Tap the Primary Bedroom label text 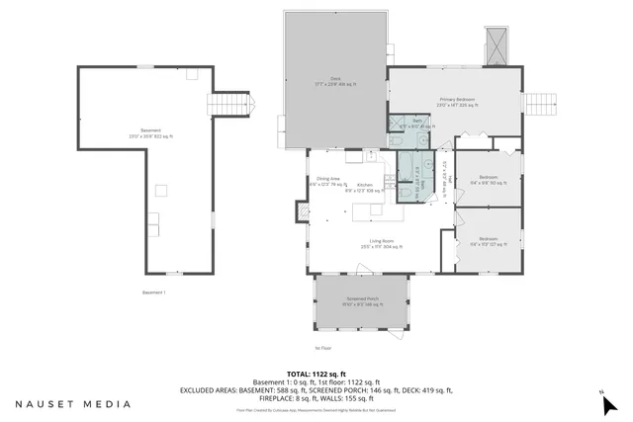click(458, 102)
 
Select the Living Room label click(382, 244)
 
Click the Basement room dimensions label click(150, 133)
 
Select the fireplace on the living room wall click(303, 211)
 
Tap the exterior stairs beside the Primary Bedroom click(541, 103)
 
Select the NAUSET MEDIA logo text click(71, 403)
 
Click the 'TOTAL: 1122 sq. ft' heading click(316, 374)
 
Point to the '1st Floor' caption click(323, 349)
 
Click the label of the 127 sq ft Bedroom click(489, 240)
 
